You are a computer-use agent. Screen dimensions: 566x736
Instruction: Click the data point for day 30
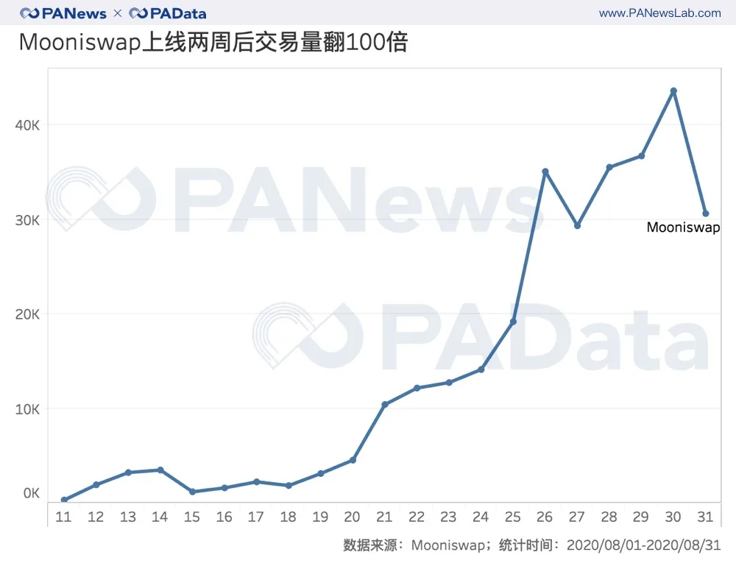pos(673,91)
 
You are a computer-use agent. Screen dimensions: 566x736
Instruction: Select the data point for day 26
pos(545,171)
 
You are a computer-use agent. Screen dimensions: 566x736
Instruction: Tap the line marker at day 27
pos(577,226)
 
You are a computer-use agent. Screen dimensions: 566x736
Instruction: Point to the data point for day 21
pos(384,405)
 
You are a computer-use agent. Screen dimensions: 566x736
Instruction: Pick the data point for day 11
pos(64,500)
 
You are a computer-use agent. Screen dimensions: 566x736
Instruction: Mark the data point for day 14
pos(160,470)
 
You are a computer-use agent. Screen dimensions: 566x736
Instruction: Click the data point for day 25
pos(513,322)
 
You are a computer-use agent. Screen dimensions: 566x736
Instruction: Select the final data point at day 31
pos(705,213)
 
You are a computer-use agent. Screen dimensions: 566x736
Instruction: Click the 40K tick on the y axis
pos(27,125)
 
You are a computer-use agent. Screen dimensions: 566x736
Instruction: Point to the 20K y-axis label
pos(27,314)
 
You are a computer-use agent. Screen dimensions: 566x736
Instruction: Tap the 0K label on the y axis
pos(30,492)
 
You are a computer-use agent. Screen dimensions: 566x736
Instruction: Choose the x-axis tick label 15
pos(192,517)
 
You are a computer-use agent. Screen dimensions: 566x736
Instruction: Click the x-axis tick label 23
pos(448,517)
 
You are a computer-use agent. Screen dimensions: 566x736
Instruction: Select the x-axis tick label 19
pos(320,517)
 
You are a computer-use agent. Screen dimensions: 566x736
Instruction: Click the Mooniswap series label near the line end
pos(683,227)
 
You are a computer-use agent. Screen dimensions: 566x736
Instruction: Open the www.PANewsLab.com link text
pos(659,13)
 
